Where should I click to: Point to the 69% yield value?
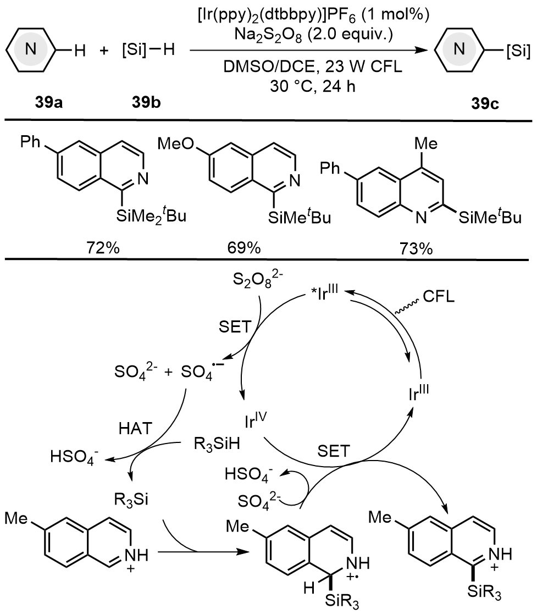tap(245, 248)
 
